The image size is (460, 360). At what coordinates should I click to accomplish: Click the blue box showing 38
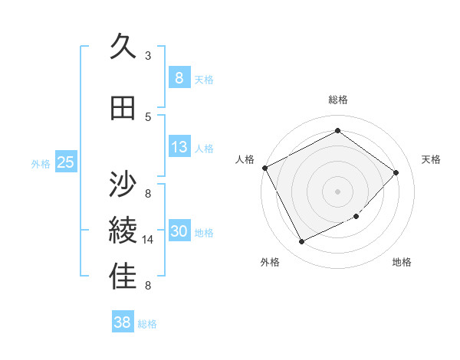click(123, 322)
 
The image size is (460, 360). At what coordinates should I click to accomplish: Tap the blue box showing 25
click(65, 162)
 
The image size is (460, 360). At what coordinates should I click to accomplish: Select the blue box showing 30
click(179, 231)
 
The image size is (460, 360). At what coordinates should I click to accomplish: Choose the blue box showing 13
click(179, 147)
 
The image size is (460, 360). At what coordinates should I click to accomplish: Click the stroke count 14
click(149, 240)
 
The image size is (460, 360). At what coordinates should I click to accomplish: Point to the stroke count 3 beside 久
click(148, 55)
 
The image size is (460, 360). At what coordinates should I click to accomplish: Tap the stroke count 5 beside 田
click(148, 116)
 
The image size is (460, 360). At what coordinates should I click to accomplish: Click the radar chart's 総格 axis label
click(338, 100)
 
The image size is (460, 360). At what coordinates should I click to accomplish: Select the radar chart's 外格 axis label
click(270, 262)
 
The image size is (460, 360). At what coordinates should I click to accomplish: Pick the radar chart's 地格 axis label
click(402, 262)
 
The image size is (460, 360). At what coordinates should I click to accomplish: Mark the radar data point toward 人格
click(264, 168)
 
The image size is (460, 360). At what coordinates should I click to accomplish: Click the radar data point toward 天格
click(396, 172)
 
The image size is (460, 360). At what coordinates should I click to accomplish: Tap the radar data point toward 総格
click(337, 131)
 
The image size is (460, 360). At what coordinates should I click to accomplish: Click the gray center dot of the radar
click(337, 191)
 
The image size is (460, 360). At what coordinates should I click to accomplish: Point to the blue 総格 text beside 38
click(148, 324)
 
